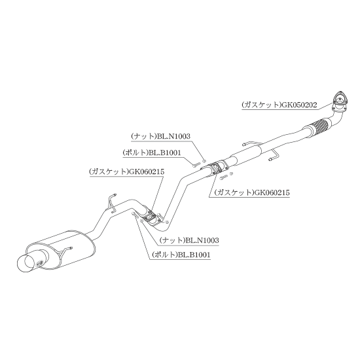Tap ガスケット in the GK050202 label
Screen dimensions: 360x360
261,105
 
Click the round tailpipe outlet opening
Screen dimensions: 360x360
26,263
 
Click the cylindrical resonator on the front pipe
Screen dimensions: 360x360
246,156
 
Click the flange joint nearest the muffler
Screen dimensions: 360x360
150,216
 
